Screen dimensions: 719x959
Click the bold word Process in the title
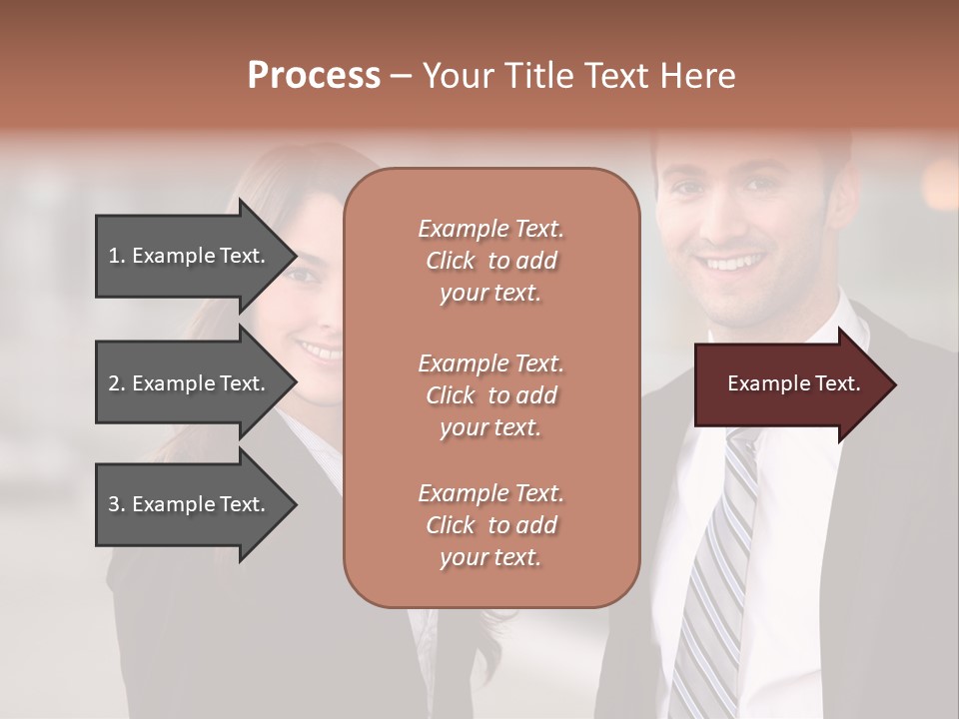click(314, 76)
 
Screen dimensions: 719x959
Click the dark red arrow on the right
click(789, 384)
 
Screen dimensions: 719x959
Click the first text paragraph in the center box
click(490, 261)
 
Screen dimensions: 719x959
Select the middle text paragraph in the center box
click(490, 395)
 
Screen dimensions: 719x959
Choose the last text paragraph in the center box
click(490, 525)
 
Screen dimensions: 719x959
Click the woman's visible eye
click(305, 274)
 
